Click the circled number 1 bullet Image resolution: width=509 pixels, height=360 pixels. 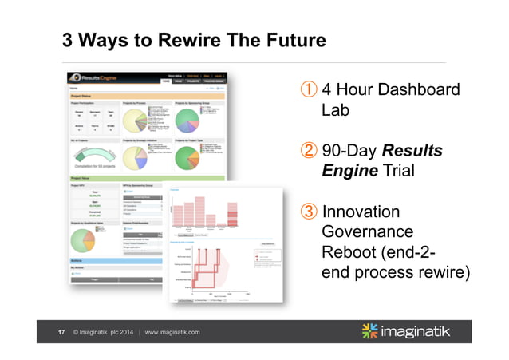(306, 90)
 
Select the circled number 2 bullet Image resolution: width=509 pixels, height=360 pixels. (306, 151)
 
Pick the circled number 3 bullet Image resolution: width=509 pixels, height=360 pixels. (306, 212)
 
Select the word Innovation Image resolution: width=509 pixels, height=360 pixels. (361, 212)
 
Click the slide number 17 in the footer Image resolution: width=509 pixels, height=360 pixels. (61, 332)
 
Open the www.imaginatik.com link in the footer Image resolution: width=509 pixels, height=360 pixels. (172, 332)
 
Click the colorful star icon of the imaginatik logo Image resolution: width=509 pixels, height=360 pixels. (372, 331)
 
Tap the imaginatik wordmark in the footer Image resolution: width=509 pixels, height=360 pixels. (426, 331)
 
